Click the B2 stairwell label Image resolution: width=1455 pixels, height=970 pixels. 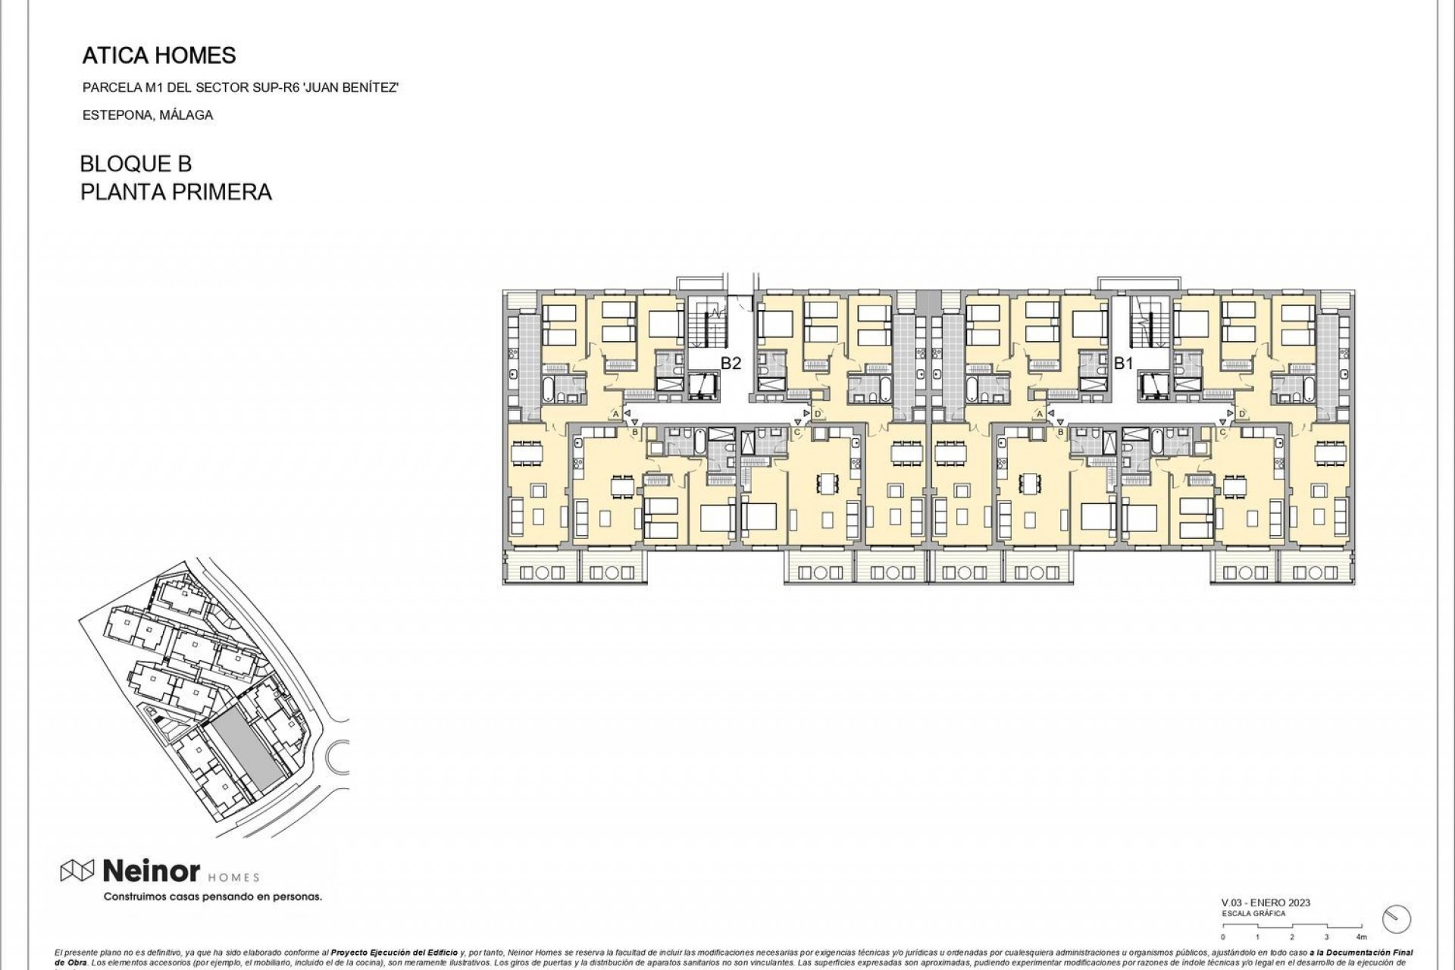[x=731, y=364]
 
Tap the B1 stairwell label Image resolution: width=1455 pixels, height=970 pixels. [x=1123, y=364]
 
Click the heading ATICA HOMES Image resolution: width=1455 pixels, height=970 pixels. [x=159, y=55]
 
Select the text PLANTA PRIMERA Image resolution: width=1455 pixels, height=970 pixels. [x=176, y=192]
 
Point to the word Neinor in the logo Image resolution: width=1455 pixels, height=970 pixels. [x=151, y=871]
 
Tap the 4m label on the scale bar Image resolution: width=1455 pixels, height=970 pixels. [x=1361, y=937]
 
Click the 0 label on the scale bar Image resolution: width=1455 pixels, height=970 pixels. [x=1223, y=937]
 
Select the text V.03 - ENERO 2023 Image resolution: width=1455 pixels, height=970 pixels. [x=1266, y=903]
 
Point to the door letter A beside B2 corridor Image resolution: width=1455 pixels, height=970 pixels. [x=615, y=413]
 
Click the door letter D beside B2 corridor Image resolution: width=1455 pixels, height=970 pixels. [x=818, y=413]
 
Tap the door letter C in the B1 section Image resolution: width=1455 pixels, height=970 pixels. [x=1222, y=432]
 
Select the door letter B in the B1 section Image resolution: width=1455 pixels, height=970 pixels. [x=1060, y=432]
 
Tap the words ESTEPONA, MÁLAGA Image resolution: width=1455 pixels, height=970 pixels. [x=148, y=115]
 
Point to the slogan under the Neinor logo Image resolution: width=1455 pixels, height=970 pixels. [x=212, y=897]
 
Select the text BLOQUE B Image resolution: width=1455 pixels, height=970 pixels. [x=136, y=164]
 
